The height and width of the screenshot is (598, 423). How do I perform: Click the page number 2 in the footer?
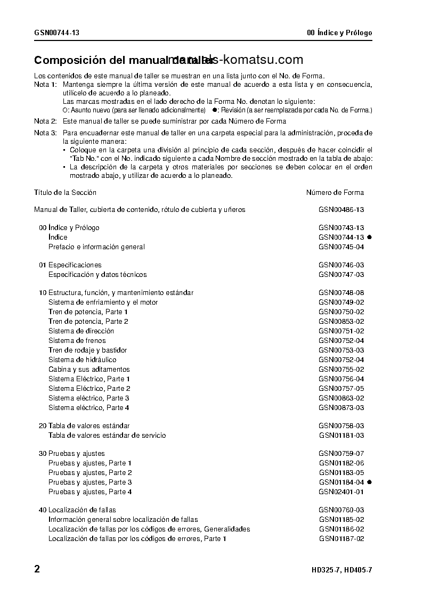(x=37, y=569)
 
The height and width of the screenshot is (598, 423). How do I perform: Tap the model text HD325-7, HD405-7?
(x=341, y=570)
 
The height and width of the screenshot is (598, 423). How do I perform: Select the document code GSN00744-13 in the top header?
(x=57, y=33)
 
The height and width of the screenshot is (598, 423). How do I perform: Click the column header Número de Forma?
(x=335, y=193)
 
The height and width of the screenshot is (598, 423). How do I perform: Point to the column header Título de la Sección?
(x=65, y=193)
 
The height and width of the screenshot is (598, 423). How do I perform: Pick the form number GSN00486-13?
(x=341, y=210)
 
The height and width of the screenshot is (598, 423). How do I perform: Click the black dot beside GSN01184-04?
(x=369, y=482)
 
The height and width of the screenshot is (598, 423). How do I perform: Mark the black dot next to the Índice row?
(x=369, y=237)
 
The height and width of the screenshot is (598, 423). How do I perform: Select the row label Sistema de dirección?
(x=81, y=331)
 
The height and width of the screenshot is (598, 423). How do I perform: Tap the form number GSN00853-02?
(x=341, y=322)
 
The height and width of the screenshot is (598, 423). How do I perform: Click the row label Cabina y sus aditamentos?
(x=89, y=370)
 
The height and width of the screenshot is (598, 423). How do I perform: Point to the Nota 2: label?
(x=45, y=121)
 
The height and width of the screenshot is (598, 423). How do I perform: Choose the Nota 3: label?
(x=45, y=133)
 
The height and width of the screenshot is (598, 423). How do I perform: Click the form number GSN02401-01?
(x=341, y=492)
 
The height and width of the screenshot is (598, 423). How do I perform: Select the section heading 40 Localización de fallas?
(x=77, y=510)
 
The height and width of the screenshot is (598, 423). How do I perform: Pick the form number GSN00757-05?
(x=341, y=389)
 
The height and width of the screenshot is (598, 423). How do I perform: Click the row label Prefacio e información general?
(x=96, y=247)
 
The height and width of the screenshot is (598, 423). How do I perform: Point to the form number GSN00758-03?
(x=341, y=426)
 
